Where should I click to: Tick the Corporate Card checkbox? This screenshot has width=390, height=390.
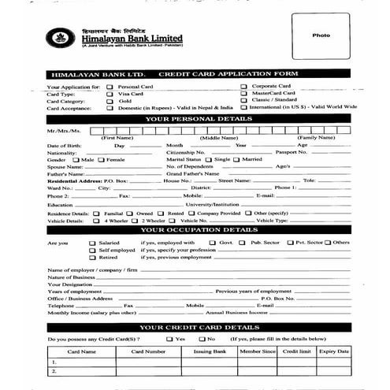coord(244,86)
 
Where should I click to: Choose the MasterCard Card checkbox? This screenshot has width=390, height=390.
coord(244,93)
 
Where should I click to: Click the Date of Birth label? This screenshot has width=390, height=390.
coord(64,146)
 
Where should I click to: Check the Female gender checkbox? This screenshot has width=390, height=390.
coord(102,160)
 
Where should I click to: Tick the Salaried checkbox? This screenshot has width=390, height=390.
coord(93,243)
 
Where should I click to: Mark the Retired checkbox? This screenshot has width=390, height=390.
coord(93,258)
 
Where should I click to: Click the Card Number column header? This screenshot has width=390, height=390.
coord(148,351)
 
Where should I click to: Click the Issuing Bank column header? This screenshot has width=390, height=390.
coord(210,351)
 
